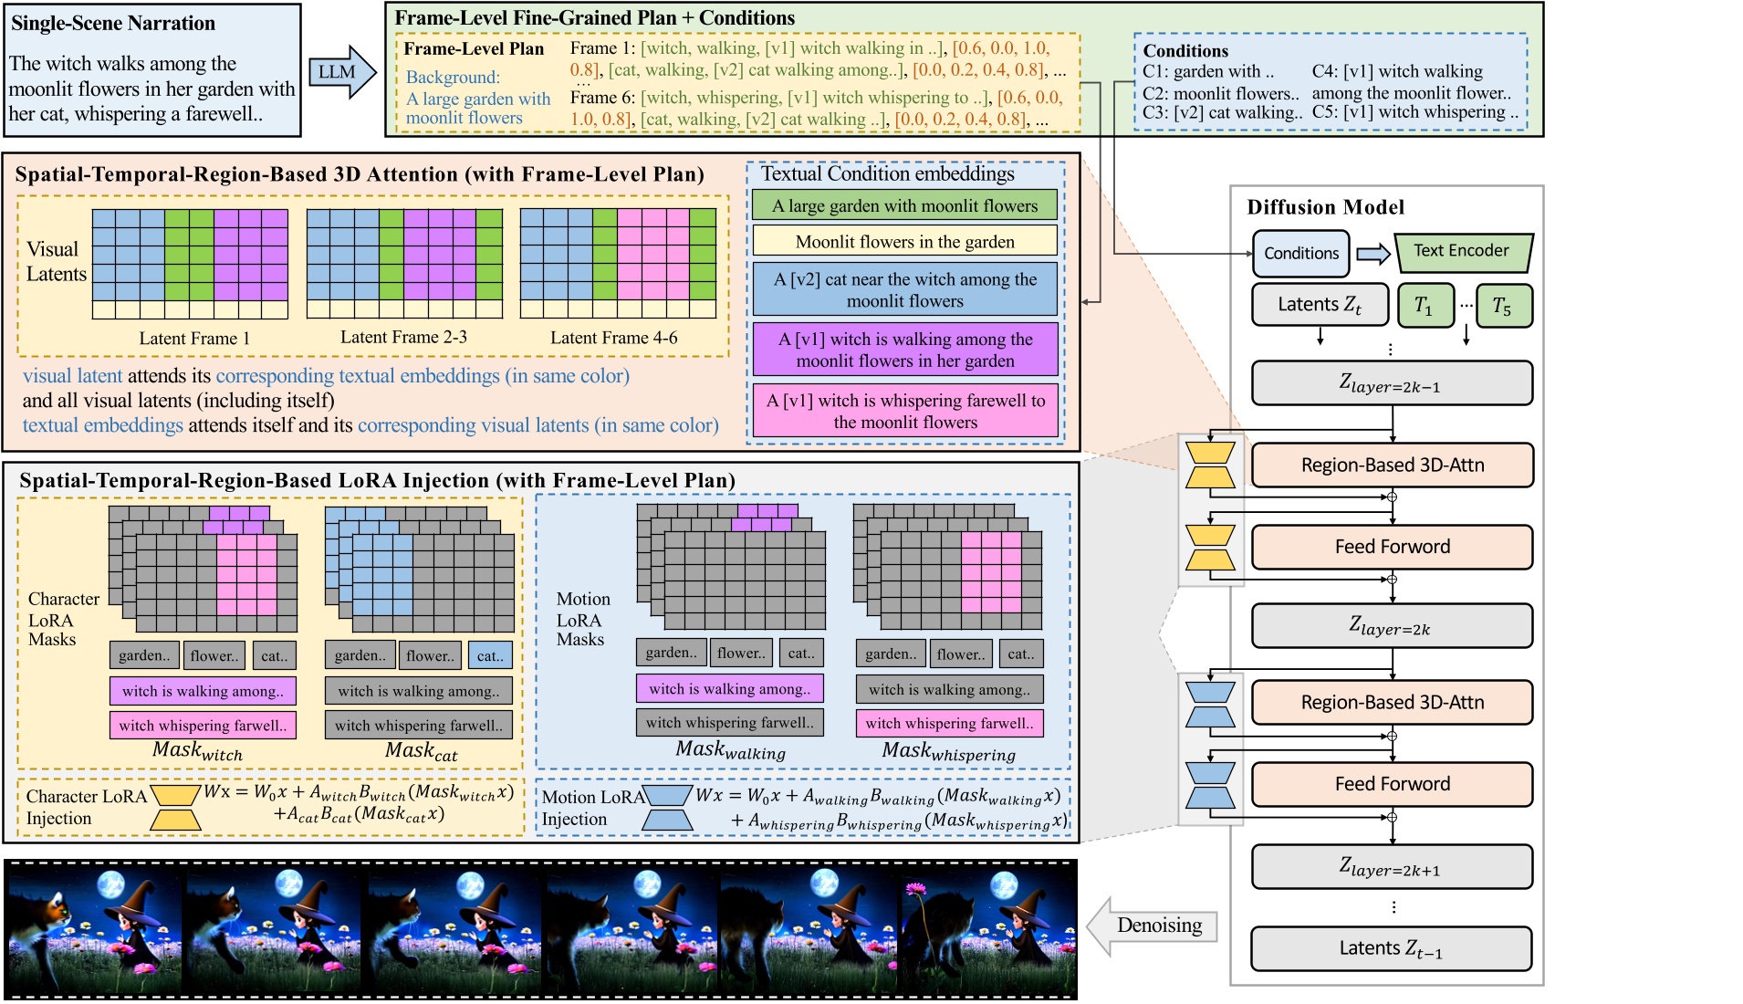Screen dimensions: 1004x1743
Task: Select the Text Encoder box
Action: (1462, 252)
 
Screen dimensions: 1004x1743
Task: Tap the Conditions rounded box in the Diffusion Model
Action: (1300, 254)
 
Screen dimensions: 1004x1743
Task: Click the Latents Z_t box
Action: (1320, 305)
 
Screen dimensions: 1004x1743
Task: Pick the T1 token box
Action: (1424, 306)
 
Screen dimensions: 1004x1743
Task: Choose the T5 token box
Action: (1502, 306)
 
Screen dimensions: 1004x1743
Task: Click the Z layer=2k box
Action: (1391, 626)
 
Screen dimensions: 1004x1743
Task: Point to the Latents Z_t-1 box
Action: (1391, 949)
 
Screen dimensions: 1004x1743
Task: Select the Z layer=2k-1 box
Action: (1391, 383)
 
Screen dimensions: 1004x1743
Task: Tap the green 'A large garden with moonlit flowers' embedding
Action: (904, 205)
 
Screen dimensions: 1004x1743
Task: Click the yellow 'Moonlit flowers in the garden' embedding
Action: (904, 242)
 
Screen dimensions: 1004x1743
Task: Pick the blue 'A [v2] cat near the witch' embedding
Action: (904, 290)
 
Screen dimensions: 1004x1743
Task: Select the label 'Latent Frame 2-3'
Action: (403, 338)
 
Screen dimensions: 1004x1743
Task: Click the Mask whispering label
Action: (948, 752)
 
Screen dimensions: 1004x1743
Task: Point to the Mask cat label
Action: (421, 752)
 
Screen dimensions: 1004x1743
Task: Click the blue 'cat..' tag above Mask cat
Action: (490, 655)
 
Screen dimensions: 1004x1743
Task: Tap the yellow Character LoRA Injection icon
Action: (175, 807)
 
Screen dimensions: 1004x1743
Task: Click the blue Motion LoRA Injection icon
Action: (667, 808)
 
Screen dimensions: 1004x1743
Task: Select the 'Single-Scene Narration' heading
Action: (113, 24)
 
